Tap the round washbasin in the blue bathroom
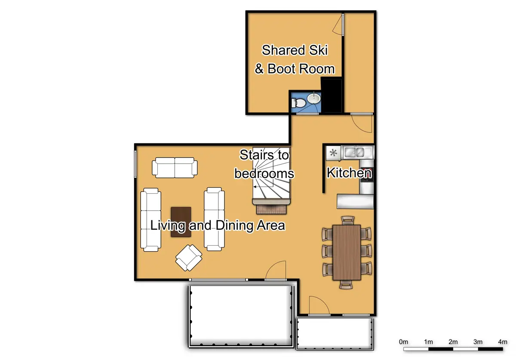pos(314,98)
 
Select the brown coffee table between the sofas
pos(181,222)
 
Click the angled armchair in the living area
pos(189,257)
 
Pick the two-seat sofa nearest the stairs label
pos(175,168)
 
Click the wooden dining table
pos(347,252)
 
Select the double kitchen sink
pos(355,152)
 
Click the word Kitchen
pos(349,173)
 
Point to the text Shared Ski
pos(295,50)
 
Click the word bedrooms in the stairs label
pos(264,174)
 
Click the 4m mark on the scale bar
pos(502,342)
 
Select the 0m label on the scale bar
pos(403,342)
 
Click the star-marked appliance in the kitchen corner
pos(333,152)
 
